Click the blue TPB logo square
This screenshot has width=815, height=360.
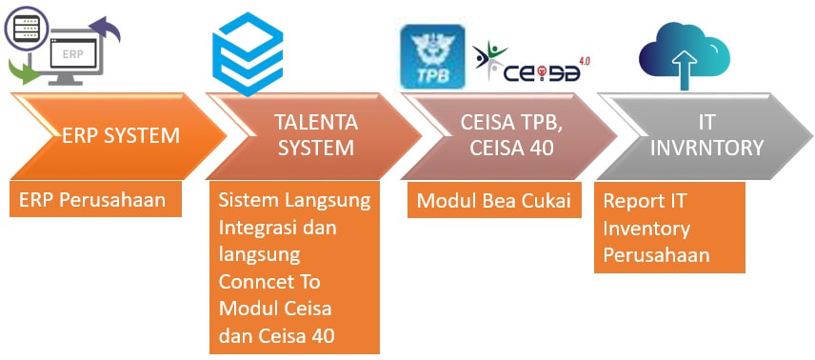(432, 56)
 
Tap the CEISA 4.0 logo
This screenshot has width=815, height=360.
(531, 63)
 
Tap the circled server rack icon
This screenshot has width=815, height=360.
(26, 27)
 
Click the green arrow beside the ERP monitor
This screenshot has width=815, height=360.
(24, 71)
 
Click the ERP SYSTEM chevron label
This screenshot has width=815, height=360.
(121, 136)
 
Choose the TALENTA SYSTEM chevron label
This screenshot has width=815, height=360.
(316, 136)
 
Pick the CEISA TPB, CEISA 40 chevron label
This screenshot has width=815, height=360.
(511, 136)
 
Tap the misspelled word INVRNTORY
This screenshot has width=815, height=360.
(706, 149)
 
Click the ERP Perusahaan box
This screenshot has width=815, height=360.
(95, 199)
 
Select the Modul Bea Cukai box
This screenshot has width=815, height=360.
(494, 200)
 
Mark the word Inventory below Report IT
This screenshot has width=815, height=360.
(646, 229)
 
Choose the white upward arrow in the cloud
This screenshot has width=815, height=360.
(685, 69)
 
